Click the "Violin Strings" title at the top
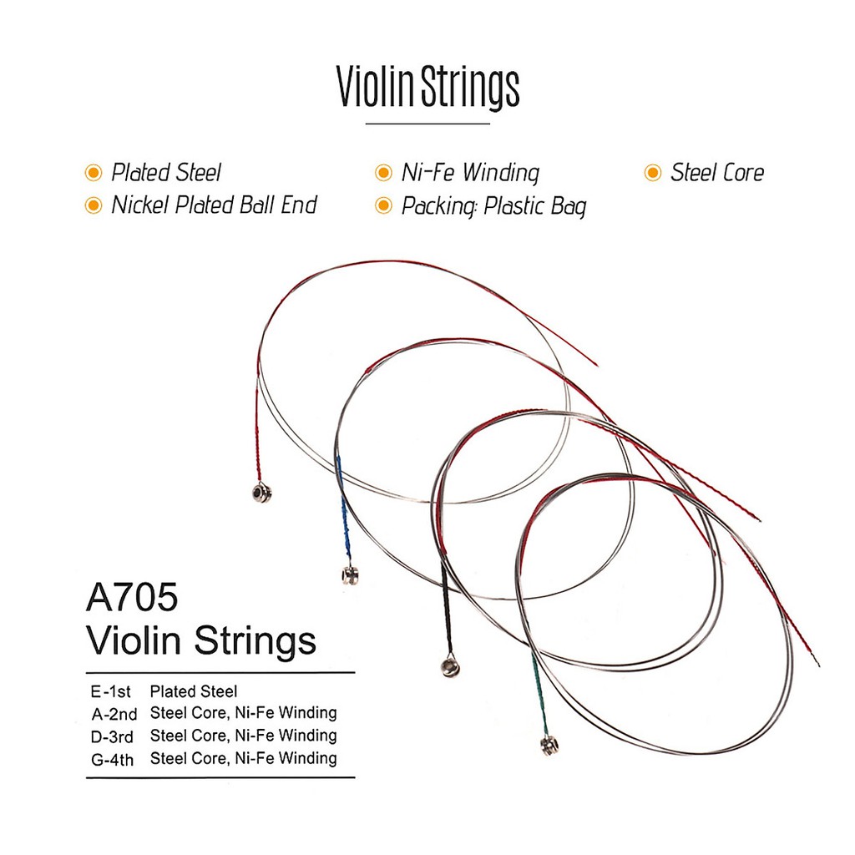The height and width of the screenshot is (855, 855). pos(427,87)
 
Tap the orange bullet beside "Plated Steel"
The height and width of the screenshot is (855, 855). pos(94,173)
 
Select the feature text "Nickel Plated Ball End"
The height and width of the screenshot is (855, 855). pos(214,205)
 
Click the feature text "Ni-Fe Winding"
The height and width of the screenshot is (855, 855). pos(470,173)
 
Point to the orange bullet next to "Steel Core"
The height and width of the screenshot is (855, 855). pos(653,173)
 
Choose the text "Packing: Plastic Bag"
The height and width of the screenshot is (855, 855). pos(494,206)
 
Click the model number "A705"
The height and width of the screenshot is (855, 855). pos(132,596)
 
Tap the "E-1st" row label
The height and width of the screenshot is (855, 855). pos(111,692)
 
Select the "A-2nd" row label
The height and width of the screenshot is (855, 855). pos(114,715)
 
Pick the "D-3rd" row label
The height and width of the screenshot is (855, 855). pos(112,737)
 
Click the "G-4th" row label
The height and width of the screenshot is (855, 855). pos(112,760)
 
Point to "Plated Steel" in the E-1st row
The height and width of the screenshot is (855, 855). pos(194,691)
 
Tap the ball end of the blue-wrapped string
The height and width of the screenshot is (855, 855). pos(350,574)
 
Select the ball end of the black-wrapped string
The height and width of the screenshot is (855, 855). pos(449,667)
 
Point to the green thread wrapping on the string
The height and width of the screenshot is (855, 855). pos(540,695)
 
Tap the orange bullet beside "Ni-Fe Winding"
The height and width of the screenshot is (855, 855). pos(384,173)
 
